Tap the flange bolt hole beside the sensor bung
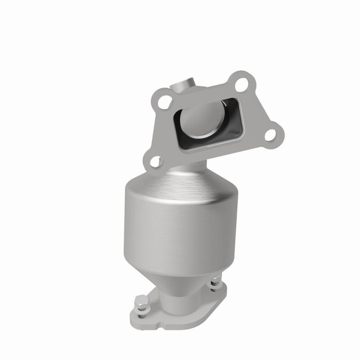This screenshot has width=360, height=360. [166, 99]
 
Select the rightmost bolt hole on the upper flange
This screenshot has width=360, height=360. [270, 134]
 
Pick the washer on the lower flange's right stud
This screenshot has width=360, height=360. [216, 286]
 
